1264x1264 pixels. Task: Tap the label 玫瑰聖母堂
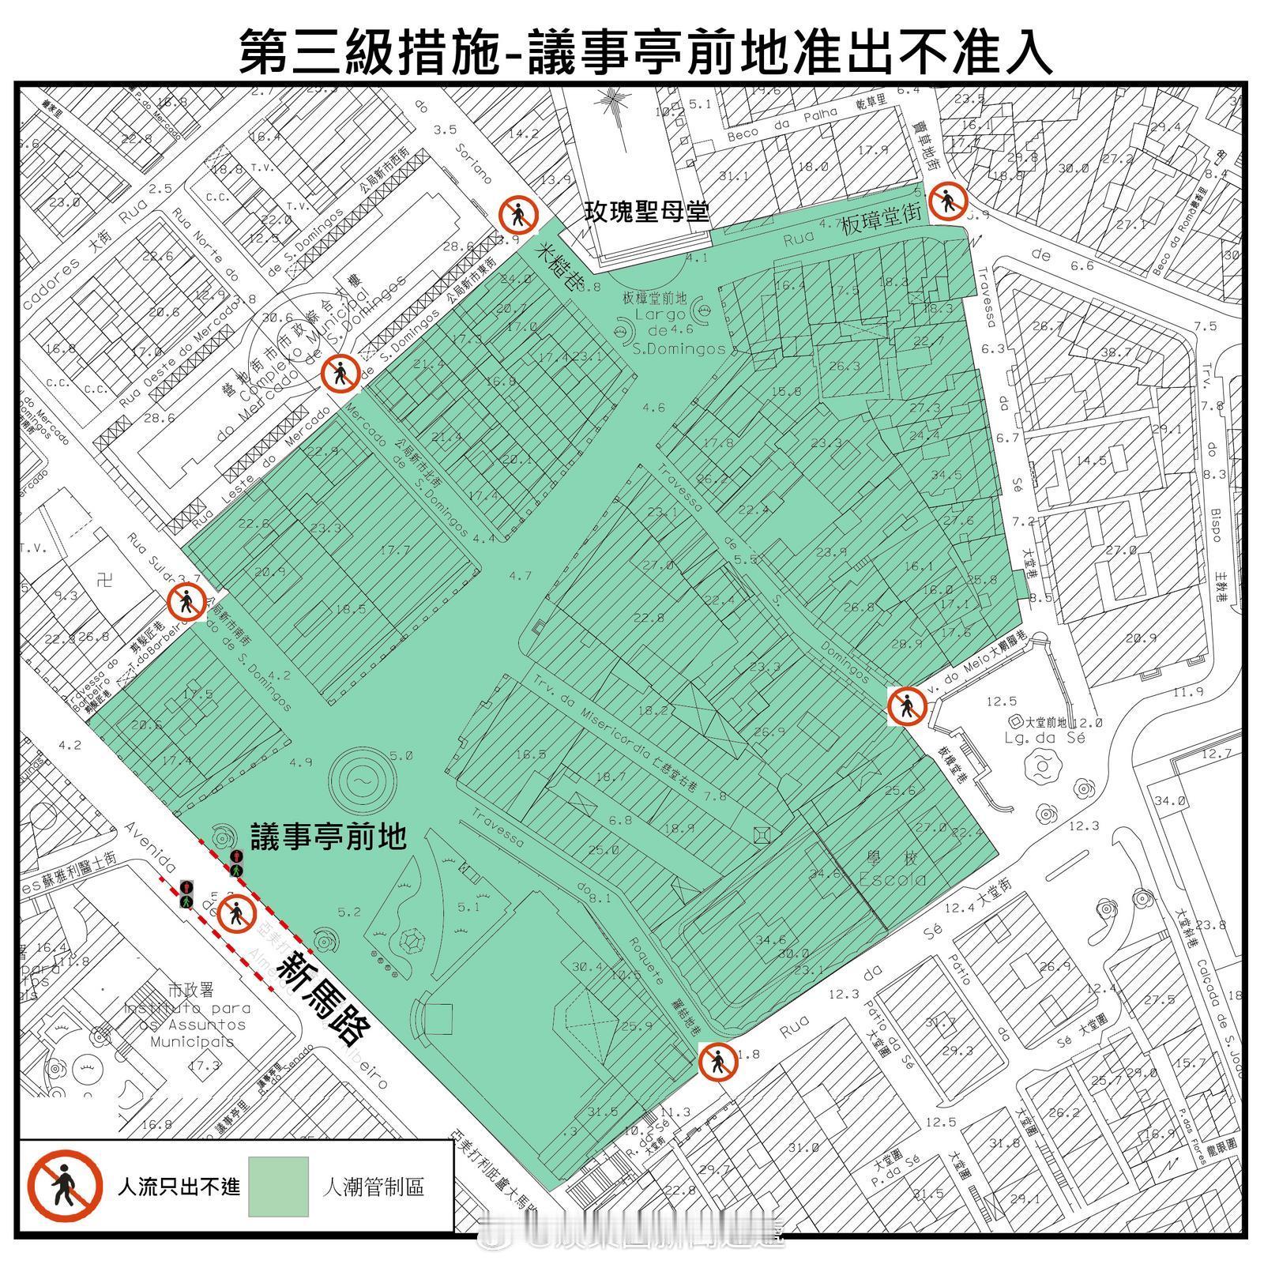(x=645, y=211)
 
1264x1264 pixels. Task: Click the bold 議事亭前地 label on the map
(x=328, y=836)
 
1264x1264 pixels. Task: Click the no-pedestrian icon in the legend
(x=65, y=1186)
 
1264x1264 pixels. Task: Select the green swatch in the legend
(x=278, y=1187)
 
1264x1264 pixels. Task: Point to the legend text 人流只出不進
(x=179, y=1187)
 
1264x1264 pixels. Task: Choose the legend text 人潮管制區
(x=373, y=1187)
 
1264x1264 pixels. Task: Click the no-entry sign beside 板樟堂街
(x=947, y=201)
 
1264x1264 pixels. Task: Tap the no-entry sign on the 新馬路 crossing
(x=236, y=915)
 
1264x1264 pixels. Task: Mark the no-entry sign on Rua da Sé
(x=718, y=1061)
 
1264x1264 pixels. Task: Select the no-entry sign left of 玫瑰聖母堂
(x=519, y=214)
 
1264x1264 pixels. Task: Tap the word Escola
(x=892, y=879)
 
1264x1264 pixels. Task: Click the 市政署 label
(x=187, y=989)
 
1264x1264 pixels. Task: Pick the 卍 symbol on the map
(x=104, y=581)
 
